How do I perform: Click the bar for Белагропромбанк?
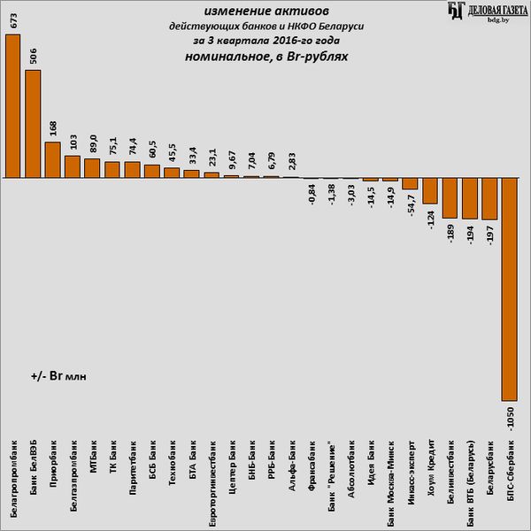(x=12, y=105)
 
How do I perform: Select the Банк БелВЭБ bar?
(x=33, y=123)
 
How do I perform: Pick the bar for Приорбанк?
(x=52, y=159)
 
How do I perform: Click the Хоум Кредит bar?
(x=430, y=190)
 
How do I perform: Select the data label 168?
(x=52, y=129)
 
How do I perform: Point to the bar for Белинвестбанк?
(x=450, y=197)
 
